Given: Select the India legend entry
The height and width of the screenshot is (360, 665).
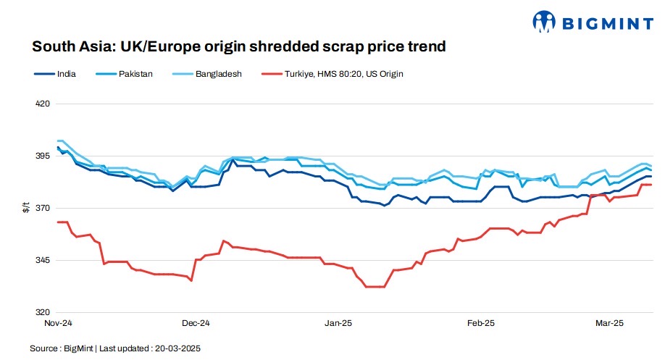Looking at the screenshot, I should pos(66,74).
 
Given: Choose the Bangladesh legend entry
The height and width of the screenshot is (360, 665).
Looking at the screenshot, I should pos(218,74).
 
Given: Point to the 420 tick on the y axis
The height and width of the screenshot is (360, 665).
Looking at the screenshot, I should pos(43,104).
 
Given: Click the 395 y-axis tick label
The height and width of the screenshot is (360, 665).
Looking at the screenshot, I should pos(43,156).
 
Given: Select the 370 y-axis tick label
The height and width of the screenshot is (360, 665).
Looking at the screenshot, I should pos(43,208).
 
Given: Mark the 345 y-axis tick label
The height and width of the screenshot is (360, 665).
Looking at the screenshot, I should pos(43,260).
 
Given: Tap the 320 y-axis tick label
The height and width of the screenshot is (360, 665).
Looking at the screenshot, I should pos(43,312).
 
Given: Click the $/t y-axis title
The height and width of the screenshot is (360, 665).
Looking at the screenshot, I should pos(26,208).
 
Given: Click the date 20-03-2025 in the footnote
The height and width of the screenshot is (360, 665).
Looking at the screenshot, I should pos(176,348).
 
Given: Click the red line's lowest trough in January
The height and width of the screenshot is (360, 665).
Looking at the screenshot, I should pos(375,287).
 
